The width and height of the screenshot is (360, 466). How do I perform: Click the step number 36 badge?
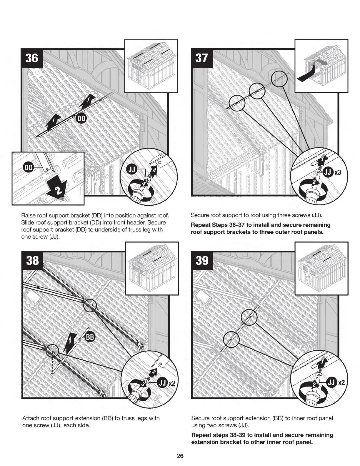pyautogui.click(x=32, y=58)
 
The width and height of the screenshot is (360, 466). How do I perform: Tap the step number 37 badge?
pyautogui.click(x=201, y=58)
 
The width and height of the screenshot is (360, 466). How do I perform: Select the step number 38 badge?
pyautogui.click(x=32, y=260)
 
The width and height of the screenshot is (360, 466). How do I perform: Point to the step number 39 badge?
pyautogui.click(x=202, y=260)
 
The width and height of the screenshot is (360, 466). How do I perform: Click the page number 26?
pyautogui.click(x=180, y=456)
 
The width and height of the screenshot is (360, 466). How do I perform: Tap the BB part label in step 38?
pyautogui.click(x=89, y=337)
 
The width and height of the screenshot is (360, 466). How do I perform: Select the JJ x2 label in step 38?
pyautogui.click(x=166, y=383)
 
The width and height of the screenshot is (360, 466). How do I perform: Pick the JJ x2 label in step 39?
pyautogui.click(x=335, y=382)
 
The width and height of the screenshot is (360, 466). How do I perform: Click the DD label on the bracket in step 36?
pyautogui.click(x=80, y=118)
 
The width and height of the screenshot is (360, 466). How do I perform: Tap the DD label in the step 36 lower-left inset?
pyautogui.click(x=28, y=168)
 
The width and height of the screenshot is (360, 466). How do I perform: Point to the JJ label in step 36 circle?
pyautogui.click(x=131, y=170)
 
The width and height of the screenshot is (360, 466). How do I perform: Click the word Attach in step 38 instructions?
pyautogui.click(x=30, y=418)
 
